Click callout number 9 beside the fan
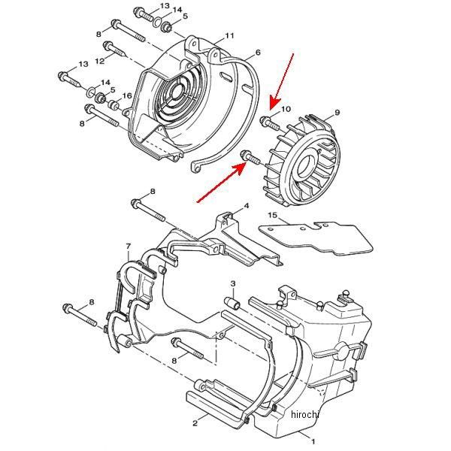337,113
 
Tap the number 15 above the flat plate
272,216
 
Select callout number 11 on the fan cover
229,35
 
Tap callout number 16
128,95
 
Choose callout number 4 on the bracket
246,205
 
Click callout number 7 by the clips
129,246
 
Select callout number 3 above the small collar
233,283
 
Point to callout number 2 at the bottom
195,424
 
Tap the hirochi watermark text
304,414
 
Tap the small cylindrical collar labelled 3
233,304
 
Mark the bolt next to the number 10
268,121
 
